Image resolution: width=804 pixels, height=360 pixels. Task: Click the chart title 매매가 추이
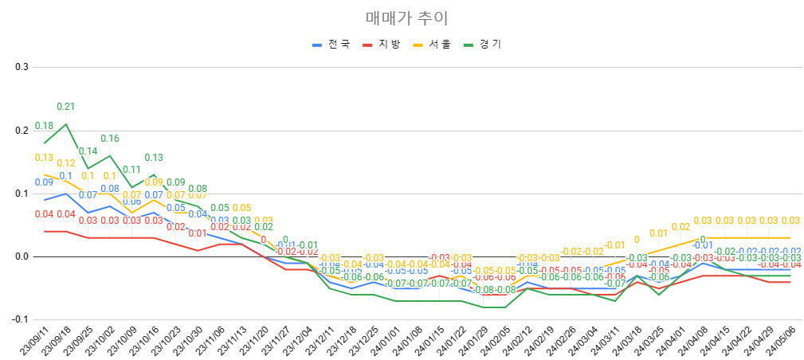click(402, 18)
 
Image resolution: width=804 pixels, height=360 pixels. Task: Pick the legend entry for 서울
click(439, 45)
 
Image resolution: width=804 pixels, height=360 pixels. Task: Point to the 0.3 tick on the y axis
click(22, 67)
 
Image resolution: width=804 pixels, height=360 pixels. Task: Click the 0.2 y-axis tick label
click(22, 130)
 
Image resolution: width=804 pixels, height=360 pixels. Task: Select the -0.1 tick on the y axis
click(20, 319)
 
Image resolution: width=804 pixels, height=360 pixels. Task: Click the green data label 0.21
click(65, 107)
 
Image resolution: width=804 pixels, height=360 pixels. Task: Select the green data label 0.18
click(44, 126)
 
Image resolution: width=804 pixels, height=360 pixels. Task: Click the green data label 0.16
click(110, 139)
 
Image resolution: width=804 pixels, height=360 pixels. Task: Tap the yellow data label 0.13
click(44, 158)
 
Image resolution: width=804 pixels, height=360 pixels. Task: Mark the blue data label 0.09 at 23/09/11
click(44, 182)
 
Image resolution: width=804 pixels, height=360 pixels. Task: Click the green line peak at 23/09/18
click(66, 123)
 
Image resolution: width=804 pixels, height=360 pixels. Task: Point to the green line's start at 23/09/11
click(45, 143)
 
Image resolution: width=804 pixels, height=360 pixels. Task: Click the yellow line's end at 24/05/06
click(790, 237)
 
